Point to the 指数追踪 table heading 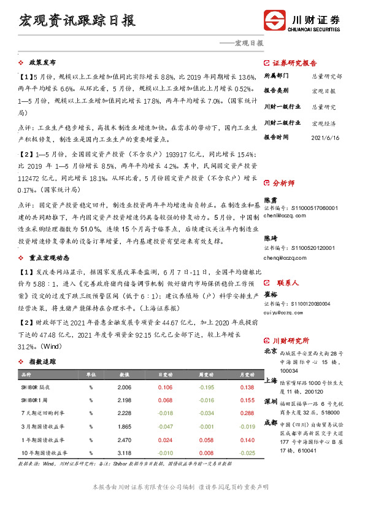pyautogui.click(x=42, y=362)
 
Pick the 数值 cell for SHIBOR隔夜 pyautogui.click(x=125, y=387)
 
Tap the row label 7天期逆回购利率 pyautogui.click(x=43, y=413)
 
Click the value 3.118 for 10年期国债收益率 pyautogui.click(x=125, y=452)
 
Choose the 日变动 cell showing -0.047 pyautogui.click(x=165, y=426)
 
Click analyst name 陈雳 pyautogui.click(x=270, y=200)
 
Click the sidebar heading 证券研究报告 pyautogui.click(x=294, y=63)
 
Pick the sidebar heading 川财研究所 pyautogui.click(x=291, y=341)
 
